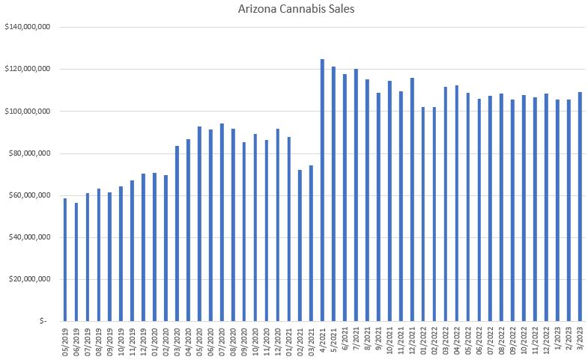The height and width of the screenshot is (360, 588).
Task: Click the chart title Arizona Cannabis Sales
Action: pos(293,10)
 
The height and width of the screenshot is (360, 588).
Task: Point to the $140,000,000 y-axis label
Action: pos(27,27)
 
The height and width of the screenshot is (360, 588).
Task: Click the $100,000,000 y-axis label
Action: pos(27,112)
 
